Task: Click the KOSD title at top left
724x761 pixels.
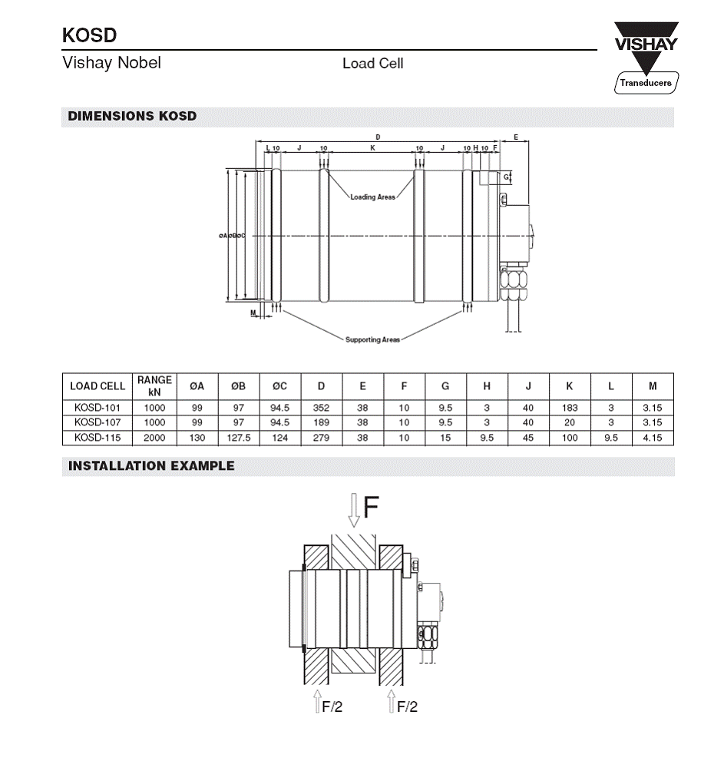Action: coord(89,36)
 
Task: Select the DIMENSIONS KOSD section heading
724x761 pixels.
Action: coord(132,117)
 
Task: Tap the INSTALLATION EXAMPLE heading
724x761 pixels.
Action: coord(151,465)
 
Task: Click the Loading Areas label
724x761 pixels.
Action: coord(373,197)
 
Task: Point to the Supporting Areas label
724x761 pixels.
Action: coord(372,339)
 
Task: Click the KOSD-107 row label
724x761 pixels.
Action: coord(98,422)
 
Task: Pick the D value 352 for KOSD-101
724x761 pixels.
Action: coord(322,408)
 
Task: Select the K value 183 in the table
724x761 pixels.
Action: coord(570,408)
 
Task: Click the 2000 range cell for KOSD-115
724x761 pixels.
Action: coord(154,438)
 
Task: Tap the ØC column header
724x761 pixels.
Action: coord(279,385)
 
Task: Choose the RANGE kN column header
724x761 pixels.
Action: coord(154,385)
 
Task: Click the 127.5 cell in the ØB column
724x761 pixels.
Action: coord(239,438)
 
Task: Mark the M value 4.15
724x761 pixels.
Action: coord(653,438)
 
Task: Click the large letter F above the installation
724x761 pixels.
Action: coord(371,507)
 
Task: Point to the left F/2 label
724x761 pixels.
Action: coord(332,706)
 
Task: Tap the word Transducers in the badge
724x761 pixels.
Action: coord(645,83)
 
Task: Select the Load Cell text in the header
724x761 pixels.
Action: coord(372,64)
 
